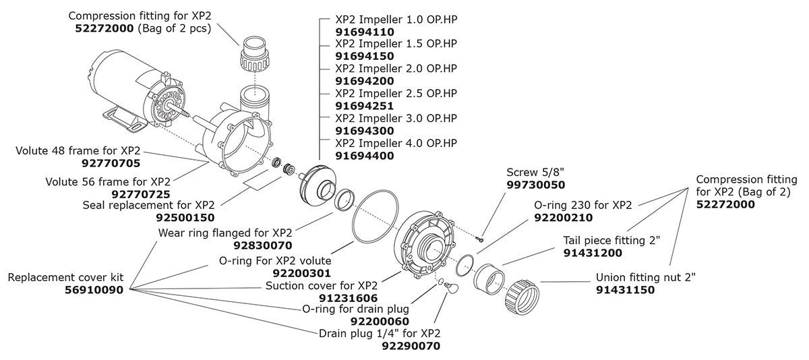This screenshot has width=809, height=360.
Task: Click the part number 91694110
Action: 365,31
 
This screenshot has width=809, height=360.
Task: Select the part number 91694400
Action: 365,156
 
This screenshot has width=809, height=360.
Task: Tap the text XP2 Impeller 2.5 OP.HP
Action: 396,93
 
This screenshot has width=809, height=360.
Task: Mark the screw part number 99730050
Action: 536,184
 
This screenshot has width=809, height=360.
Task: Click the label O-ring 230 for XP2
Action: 582,205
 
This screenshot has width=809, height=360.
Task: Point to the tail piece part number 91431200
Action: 592,253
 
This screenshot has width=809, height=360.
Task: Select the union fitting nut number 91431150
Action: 625,289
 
